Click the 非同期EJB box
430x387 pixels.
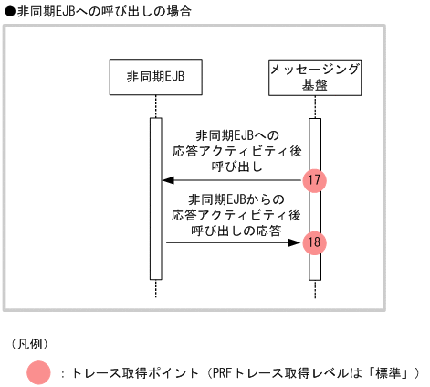coord(155,77)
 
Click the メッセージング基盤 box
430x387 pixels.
coord(315,77)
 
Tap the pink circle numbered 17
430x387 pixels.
coord(314,180)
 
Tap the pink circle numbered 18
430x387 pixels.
coord(314,242)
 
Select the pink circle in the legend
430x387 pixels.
coord(39,372)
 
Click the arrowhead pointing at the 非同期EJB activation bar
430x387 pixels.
coord(167,180)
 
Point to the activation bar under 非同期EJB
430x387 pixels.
coord(155,198)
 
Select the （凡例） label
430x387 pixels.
coord(30,345)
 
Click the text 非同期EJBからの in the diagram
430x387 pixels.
coord(236,199)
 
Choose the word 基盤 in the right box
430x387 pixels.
coord(315,85)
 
